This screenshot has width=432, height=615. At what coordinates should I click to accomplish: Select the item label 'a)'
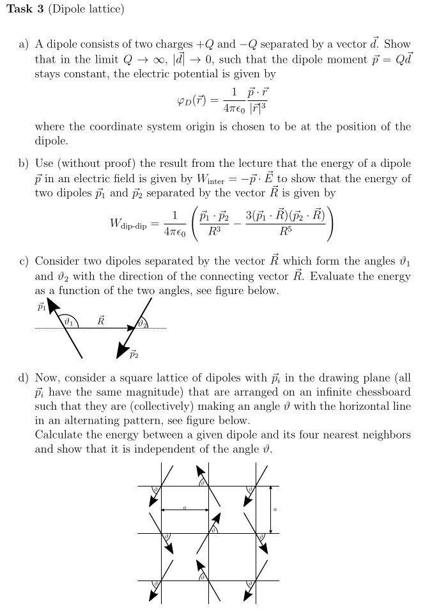tap(24, 45)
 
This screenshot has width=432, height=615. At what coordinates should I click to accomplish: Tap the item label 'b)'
tap(24, 164)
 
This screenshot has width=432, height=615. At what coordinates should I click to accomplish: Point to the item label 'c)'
tap(24, 261)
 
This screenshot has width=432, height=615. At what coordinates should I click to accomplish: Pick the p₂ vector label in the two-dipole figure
tap(134, 352)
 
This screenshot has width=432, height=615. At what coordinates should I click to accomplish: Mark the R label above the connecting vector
tap(100, 320)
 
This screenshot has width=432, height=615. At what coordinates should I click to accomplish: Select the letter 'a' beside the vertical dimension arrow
tap(276, 510)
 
